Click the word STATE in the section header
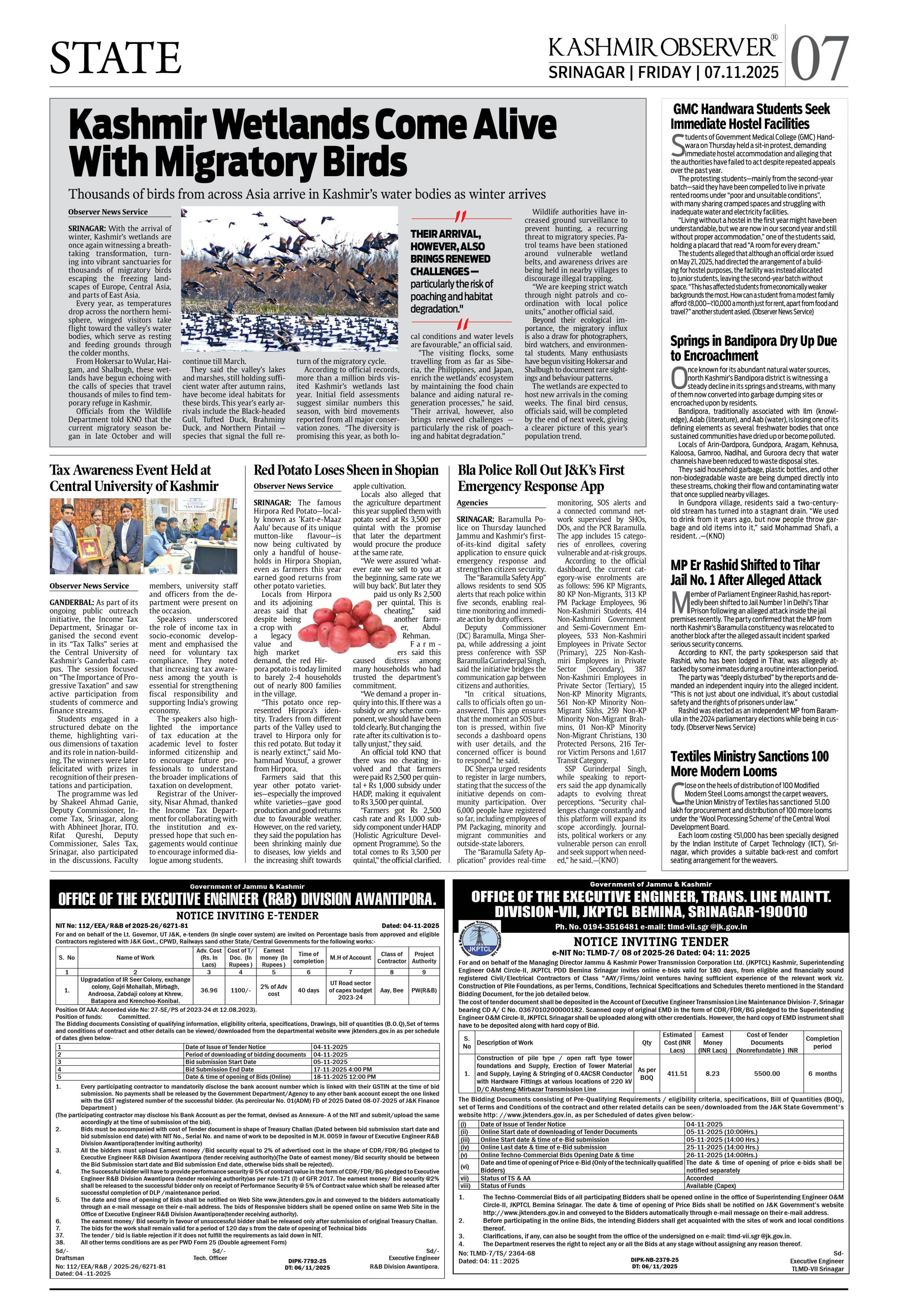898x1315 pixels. pyautogui.click(x=115, y=57)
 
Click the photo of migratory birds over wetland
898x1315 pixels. pyautogui.click(x=290, y=280)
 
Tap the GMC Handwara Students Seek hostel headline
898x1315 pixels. pyautogui.click(x=750, y=116)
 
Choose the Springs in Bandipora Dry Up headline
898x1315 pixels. pyautogui.click(x=753, y=348)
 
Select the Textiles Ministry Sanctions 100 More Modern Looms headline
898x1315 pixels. pyautogui.click(x=749, y=763)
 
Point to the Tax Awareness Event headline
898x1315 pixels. pyautogui.click(x=133, y=478)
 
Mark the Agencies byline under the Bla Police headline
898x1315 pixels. pyautogui.click(x=472, y=502)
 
